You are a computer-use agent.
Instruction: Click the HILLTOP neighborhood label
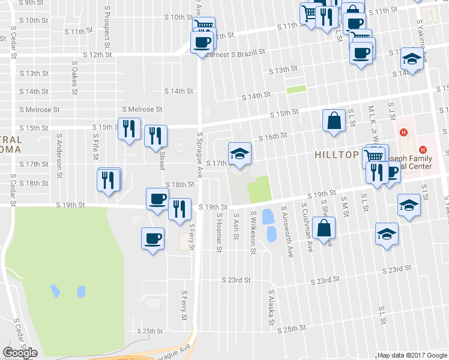336,154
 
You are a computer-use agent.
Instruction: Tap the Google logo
20,353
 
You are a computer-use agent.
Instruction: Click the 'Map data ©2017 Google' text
412,355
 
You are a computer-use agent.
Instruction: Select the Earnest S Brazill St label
235,53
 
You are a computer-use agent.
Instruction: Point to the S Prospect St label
107,36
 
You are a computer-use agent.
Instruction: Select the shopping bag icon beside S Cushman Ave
324,229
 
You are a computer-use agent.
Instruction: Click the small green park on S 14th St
296,89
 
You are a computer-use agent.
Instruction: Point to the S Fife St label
95,146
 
